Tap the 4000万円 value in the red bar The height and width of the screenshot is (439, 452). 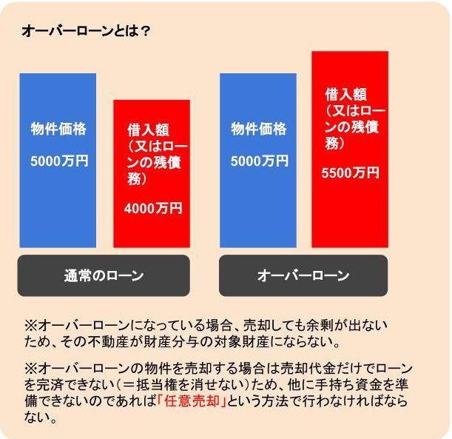pos(153,210)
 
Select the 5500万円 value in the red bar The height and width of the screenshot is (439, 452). pos(351,173)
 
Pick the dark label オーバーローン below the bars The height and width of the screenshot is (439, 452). pos(303,276)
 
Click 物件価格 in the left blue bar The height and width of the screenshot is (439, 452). pos(58,130)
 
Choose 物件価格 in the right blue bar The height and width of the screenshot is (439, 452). pos(258,130)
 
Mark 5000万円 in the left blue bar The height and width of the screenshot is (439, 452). pos(58,161)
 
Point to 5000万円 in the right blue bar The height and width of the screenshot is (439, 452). pos(258,161)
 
